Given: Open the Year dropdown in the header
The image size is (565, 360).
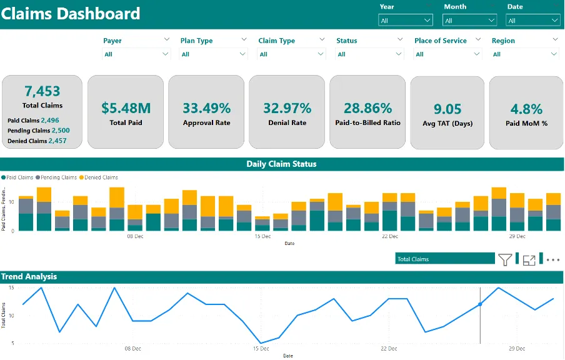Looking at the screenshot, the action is click(406, 21).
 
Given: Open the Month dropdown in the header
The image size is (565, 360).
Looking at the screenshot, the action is click(469, 21).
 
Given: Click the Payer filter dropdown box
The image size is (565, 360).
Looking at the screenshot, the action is click(136, 54).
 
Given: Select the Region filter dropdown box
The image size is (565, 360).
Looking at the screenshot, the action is click(524, 54).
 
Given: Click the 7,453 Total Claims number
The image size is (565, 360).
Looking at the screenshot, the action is click(42, 91).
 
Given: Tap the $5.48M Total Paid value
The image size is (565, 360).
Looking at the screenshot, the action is click(126, 108).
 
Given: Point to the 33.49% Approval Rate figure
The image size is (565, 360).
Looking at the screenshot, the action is click(206, 108).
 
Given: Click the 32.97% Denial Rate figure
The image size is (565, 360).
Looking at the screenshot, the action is click(287, 108).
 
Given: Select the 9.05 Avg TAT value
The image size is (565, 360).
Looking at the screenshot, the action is click(447, 109).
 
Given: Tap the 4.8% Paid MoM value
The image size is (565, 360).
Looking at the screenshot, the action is click(526, 109).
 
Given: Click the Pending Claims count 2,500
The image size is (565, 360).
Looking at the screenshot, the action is click(61, 131).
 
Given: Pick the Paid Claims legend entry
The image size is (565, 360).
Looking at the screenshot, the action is click(17, 177).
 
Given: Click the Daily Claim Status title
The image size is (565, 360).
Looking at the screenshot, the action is click(281, 164).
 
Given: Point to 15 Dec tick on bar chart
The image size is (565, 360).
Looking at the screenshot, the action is click(262, 236).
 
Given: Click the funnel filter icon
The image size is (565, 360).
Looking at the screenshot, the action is click(505, 259).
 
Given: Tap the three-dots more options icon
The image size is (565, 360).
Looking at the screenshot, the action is click(553, 260).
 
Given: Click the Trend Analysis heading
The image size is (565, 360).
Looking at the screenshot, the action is click(29, 276).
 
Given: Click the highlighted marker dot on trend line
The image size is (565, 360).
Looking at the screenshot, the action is click(480, 304).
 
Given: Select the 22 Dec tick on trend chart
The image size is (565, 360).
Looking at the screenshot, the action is click(389, 349).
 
